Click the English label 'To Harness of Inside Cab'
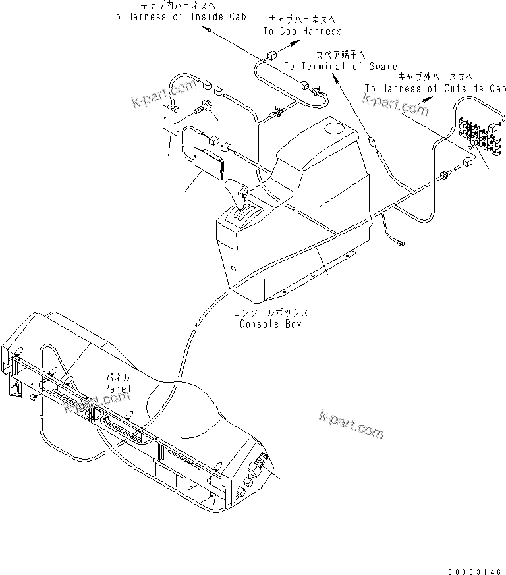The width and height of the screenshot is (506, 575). pos(178,16)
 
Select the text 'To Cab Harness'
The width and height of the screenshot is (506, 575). pos(302,31)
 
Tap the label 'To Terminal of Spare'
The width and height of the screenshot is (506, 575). pos(341,67)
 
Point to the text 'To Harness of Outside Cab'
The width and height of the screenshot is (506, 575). pos(436,88)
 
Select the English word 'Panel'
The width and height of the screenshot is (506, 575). pos(117,389)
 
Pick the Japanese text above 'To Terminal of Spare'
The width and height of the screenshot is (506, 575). pos(340,55)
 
